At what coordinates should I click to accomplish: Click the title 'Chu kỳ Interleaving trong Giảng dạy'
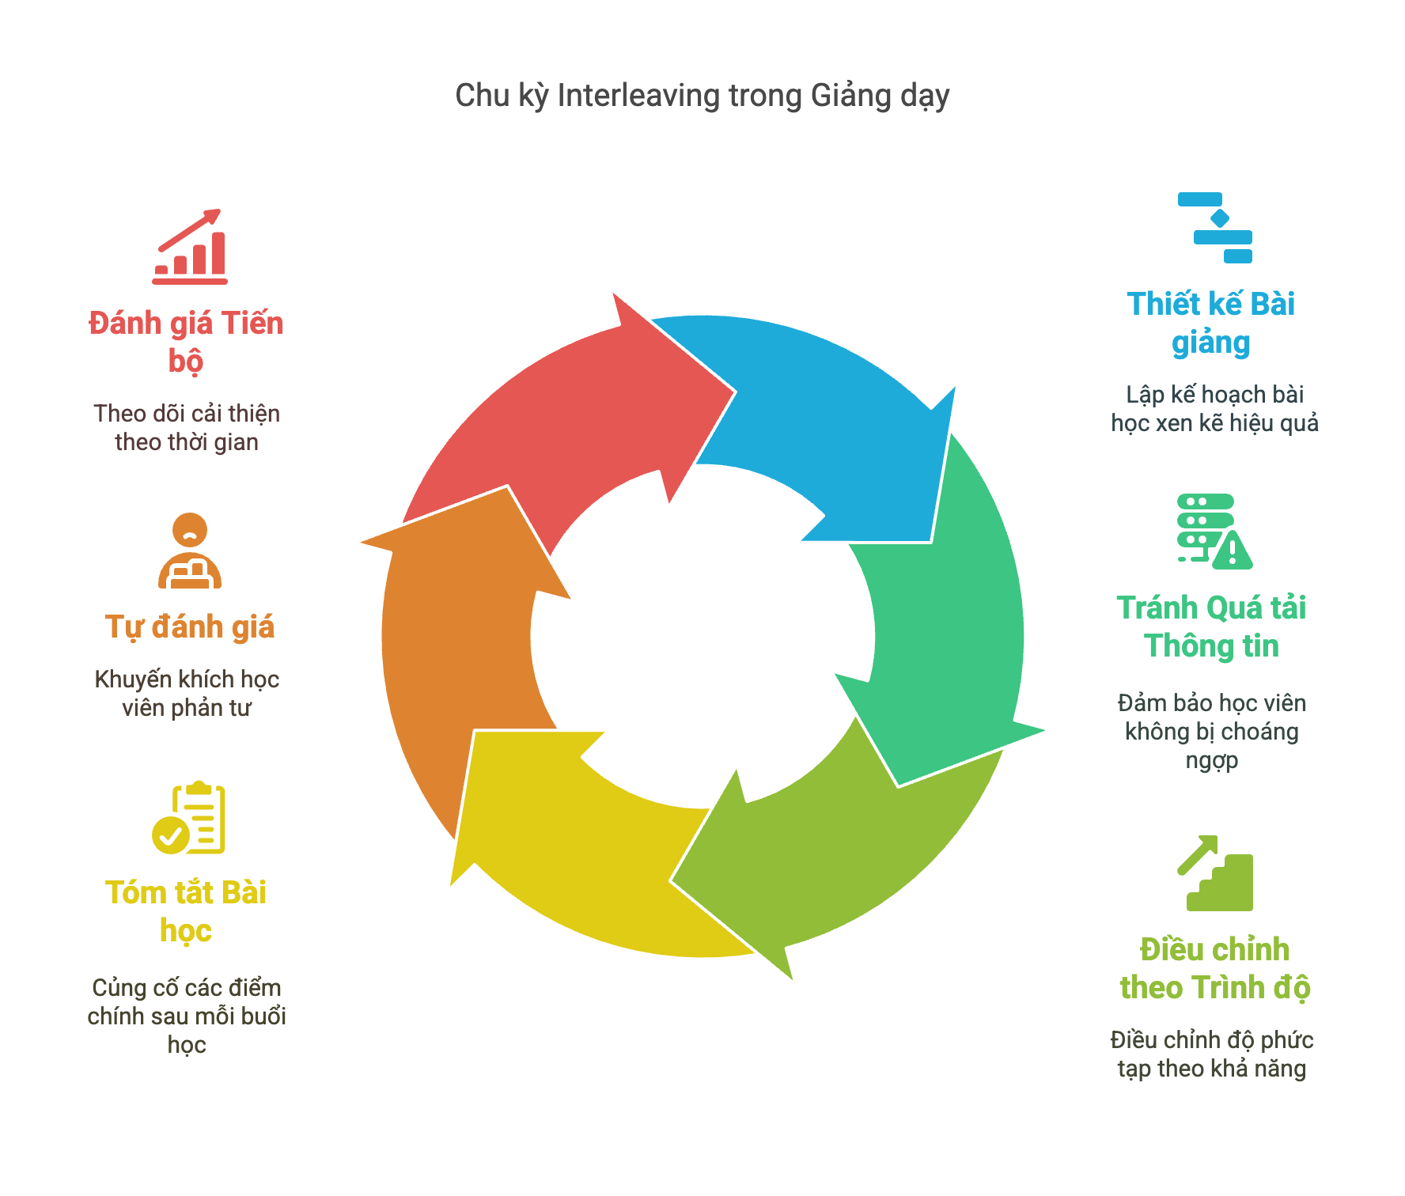(x=702, y=96)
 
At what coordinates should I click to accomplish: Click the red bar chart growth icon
(x=190, y=247)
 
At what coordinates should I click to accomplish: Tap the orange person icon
(x=190, y=551)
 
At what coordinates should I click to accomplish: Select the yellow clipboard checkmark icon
(x=188, y=817)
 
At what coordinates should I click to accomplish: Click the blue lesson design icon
(x=1215, y=228)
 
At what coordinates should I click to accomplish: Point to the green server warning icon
(x=1214, y=532)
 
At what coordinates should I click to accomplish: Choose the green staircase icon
(x=1215, y=872)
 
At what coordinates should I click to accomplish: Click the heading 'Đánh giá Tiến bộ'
(x=186, y=342)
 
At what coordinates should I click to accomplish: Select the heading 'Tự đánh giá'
(x=190, y=626)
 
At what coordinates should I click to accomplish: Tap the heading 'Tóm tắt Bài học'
(x=186, y=911)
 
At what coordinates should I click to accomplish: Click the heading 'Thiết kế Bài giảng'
(x=1211, y=323)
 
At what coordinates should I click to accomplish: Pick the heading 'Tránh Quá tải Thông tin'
(x=1211, y=626)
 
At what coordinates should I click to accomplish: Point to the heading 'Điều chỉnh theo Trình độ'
(x=1215, y=968)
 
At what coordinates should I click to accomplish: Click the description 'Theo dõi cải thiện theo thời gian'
(x=187, y=427)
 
